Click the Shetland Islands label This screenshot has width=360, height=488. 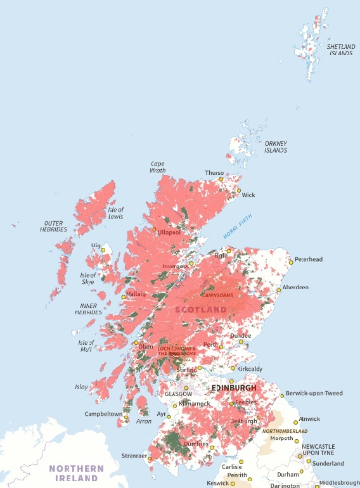[340, 49]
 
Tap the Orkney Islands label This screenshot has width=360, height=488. [275, 147]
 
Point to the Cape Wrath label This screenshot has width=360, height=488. [158, 167]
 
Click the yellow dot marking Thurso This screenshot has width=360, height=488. [221, 179]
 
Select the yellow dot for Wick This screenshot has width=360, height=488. [239, 190]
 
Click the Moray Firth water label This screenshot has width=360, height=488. [237, 226]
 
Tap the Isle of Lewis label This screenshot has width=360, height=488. [116, 213]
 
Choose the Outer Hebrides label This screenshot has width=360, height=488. [55, 226]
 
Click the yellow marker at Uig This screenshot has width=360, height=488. [103, 250]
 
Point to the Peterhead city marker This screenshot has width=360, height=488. [291, 262]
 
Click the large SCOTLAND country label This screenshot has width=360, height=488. [200, 309]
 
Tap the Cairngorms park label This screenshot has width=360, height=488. [217, 295]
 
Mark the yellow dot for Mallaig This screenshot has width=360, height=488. [124, 297]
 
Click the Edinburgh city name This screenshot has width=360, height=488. [234, 387]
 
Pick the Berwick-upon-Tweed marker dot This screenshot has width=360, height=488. [282, 395]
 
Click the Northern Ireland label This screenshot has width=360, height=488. [76, 473]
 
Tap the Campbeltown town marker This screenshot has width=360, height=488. [127, 418]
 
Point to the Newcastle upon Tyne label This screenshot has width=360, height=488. [319, 450]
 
